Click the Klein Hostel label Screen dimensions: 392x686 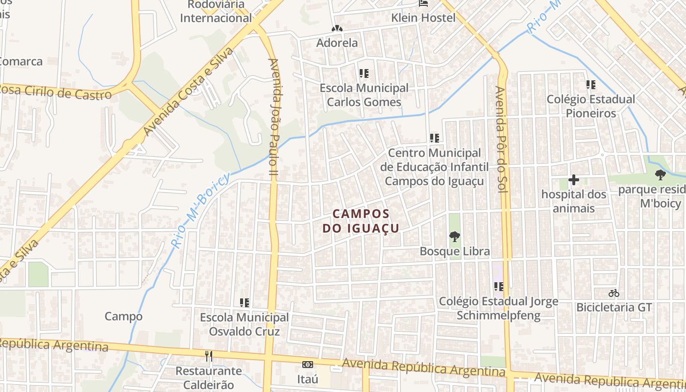coord(423,18)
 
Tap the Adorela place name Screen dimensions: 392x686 coord(337,43)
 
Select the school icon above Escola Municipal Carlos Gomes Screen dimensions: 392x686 coord(364,74)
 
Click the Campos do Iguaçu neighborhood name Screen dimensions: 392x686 coord(361,221)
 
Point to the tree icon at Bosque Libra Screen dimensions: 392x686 coord(455,237)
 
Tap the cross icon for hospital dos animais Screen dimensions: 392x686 coord(573,180)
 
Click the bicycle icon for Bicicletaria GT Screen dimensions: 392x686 coord(614,293)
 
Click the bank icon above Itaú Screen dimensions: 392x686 coord(308,365)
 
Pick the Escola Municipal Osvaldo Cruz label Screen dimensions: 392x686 coord(244,324)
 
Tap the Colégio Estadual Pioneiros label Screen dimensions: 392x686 coord(591,106)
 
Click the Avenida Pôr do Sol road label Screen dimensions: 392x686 coord(500,140)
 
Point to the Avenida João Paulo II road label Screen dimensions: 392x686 coord(273,118)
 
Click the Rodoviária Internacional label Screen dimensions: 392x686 coord(216,12)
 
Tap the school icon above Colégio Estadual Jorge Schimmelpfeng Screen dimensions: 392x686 coord(499,286)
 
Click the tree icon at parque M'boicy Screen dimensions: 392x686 coord(661,174)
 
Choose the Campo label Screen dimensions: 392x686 coord(123,317)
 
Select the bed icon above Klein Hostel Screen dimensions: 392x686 coord(424,3)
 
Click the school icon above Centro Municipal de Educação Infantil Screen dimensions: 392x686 coord(434,138)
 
